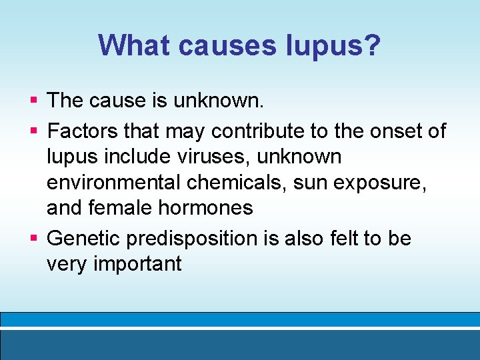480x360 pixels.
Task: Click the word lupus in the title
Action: [319, 46]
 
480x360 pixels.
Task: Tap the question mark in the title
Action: [371, 45]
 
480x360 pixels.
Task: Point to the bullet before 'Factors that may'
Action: [33, 131]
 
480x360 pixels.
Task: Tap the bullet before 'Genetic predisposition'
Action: [33, 238]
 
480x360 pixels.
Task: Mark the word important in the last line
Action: [137, 263]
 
